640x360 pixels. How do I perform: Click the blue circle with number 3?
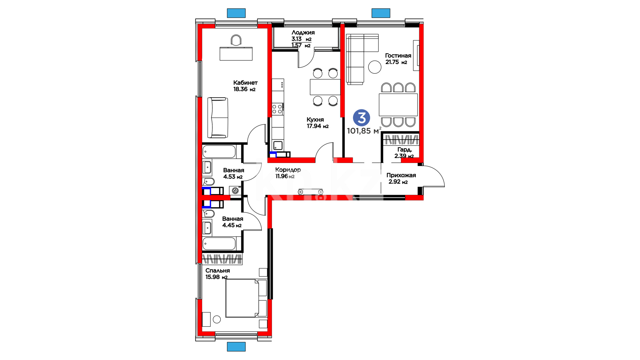(361, 118)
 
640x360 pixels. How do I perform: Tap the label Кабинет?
(245, 83)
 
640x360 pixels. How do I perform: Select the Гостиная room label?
(398, 56)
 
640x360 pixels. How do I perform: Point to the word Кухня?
(315, 120)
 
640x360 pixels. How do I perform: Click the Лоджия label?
(303, 33)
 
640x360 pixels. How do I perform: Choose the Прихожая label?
(401, 175)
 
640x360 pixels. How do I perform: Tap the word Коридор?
(288, 170)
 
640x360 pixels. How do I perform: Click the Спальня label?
(218, 271)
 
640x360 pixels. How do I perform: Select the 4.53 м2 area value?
(233, 177)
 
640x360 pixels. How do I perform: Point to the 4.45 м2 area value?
(232, 225)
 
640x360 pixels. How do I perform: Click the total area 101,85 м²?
(364, 131)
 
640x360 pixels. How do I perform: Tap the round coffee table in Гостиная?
(375, 67)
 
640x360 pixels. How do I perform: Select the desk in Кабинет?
(236, 54)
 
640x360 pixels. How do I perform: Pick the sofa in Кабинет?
(218, 118)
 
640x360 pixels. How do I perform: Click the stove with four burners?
(277, 109)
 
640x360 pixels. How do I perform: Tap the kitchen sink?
(278, 145)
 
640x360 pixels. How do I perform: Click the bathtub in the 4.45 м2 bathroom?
(219, 243)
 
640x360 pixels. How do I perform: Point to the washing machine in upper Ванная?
(235, 191)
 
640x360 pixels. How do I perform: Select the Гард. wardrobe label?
(404, 150)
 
